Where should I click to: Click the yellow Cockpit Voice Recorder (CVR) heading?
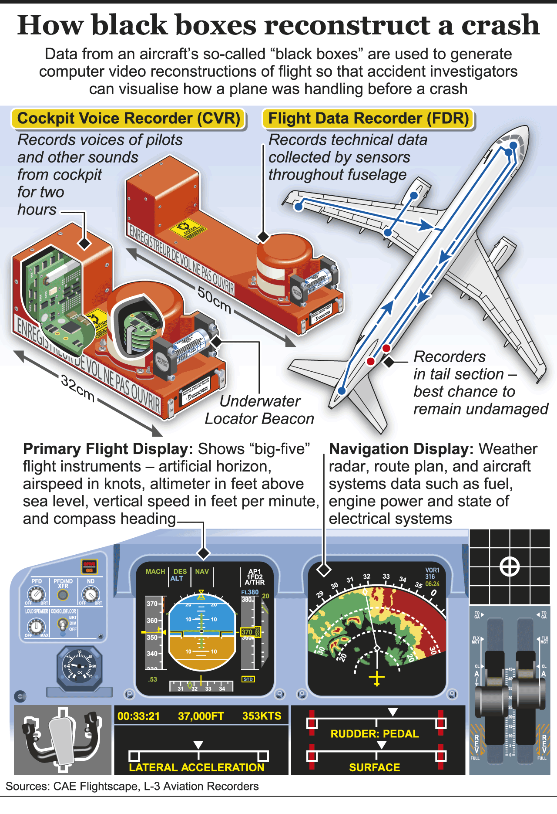[129, 119]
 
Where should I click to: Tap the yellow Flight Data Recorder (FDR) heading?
[368, 119]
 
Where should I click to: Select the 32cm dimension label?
[78, 388]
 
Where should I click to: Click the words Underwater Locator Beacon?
[259, 410]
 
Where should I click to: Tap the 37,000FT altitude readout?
[201, 716]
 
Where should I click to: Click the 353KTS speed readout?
[262, 716]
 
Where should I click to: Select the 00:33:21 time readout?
[138, 716]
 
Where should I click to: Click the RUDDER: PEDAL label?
[374, 734]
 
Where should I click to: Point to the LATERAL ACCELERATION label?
[197, 767]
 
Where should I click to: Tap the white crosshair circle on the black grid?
[510, 567]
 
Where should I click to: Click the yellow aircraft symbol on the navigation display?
[377, 678]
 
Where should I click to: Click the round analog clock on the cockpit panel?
[79, 666]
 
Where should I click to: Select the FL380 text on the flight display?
[250, 592]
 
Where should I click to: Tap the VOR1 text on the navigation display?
[432, 570]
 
